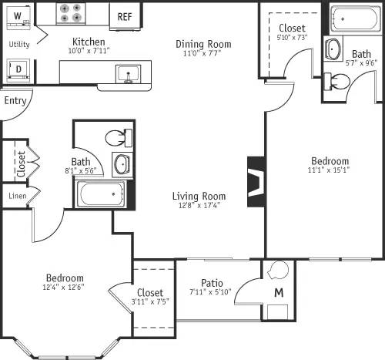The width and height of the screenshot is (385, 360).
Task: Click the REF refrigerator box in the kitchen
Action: pos(123,15)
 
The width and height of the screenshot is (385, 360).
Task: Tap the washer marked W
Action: pos(17,16)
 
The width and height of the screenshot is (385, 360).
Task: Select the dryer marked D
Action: pos(18,69)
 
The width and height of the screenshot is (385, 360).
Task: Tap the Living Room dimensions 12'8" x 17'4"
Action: pos(199,205)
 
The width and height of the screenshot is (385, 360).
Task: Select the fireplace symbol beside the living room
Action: pos(256,182)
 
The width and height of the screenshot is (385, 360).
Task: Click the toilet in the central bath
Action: pos(117,139)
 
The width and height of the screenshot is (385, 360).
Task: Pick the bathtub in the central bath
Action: pos(100,193)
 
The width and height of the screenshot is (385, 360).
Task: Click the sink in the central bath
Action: pos(122,164)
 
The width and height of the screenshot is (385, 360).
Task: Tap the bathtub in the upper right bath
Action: pos(356,17)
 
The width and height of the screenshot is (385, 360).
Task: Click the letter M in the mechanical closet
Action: pos(279,293)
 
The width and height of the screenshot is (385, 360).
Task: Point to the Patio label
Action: pos(212,282)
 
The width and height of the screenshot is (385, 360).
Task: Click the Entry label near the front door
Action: pos(15,100)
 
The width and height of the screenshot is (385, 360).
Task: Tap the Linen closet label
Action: pos(16,196)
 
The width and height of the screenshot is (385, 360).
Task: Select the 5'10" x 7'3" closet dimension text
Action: pos(292,38)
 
